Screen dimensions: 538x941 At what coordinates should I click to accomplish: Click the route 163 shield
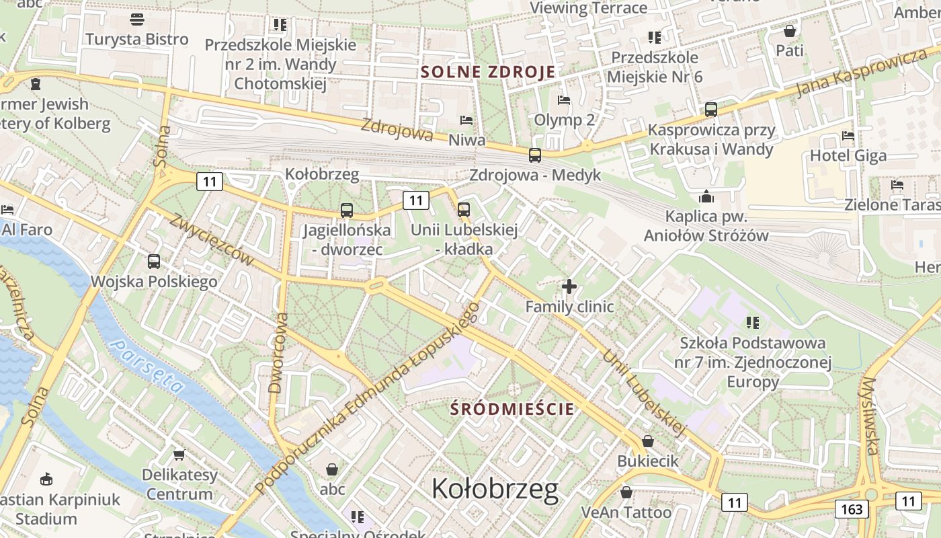click(852, 509)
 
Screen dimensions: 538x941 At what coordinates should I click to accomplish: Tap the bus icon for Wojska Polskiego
click(154, 262)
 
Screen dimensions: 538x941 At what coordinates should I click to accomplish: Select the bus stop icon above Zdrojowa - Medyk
click(535, 155)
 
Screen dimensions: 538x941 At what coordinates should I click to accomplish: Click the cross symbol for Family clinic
click(569, 287)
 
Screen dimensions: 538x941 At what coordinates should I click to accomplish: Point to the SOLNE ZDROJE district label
click(488, 72)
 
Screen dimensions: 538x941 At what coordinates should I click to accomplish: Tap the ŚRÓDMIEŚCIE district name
click(513, 408)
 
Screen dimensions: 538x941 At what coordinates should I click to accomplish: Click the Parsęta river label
click(147, 367)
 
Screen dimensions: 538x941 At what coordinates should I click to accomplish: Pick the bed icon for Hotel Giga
click(848, 136)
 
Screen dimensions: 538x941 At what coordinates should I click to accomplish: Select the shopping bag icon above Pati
click(790, 31)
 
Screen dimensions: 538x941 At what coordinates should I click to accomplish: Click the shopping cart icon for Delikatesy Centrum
click(179, 455)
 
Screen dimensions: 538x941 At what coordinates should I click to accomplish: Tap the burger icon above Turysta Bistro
click(137, 20)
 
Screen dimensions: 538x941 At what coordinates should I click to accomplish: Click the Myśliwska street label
click(870, 416)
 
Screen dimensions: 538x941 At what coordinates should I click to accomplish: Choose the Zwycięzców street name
click(212, 240)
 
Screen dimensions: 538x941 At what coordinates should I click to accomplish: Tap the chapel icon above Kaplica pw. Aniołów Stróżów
click(706, 196)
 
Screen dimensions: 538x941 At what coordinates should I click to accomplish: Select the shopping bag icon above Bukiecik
click(648, 441)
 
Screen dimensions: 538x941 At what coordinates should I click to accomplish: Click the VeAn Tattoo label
click(626, 512)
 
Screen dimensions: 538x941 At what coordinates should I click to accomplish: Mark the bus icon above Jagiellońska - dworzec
click(346, 210)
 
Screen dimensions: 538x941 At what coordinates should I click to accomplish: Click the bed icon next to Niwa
click(466, 121)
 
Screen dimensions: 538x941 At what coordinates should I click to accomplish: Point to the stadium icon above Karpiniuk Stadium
click(46, 479)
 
